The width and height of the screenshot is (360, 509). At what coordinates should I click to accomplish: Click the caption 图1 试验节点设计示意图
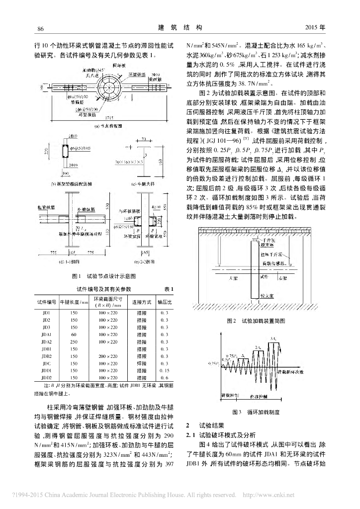[104, 275]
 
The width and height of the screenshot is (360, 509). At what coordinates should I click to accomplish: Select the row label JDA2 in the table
[47, 342]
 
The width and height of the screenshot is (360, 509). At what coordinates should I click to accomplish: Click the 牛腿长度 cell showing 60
[74, 335]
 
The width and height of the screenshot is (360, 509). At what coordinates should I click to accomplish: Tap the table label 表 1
[168, 289]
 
